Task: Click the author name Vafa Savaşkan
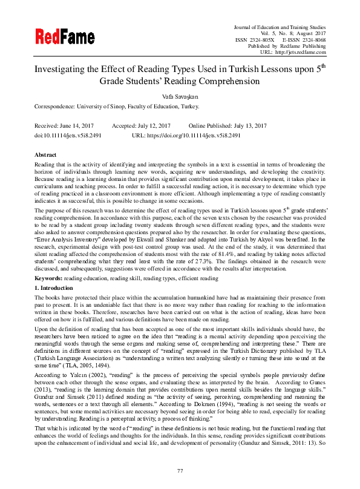click(x=180, y=96)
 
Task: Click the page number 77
click(x=180, y=470)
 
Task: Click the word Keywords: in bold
click(x=48, y=278)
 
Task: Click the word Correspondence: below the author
click(x=57, y=106)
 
